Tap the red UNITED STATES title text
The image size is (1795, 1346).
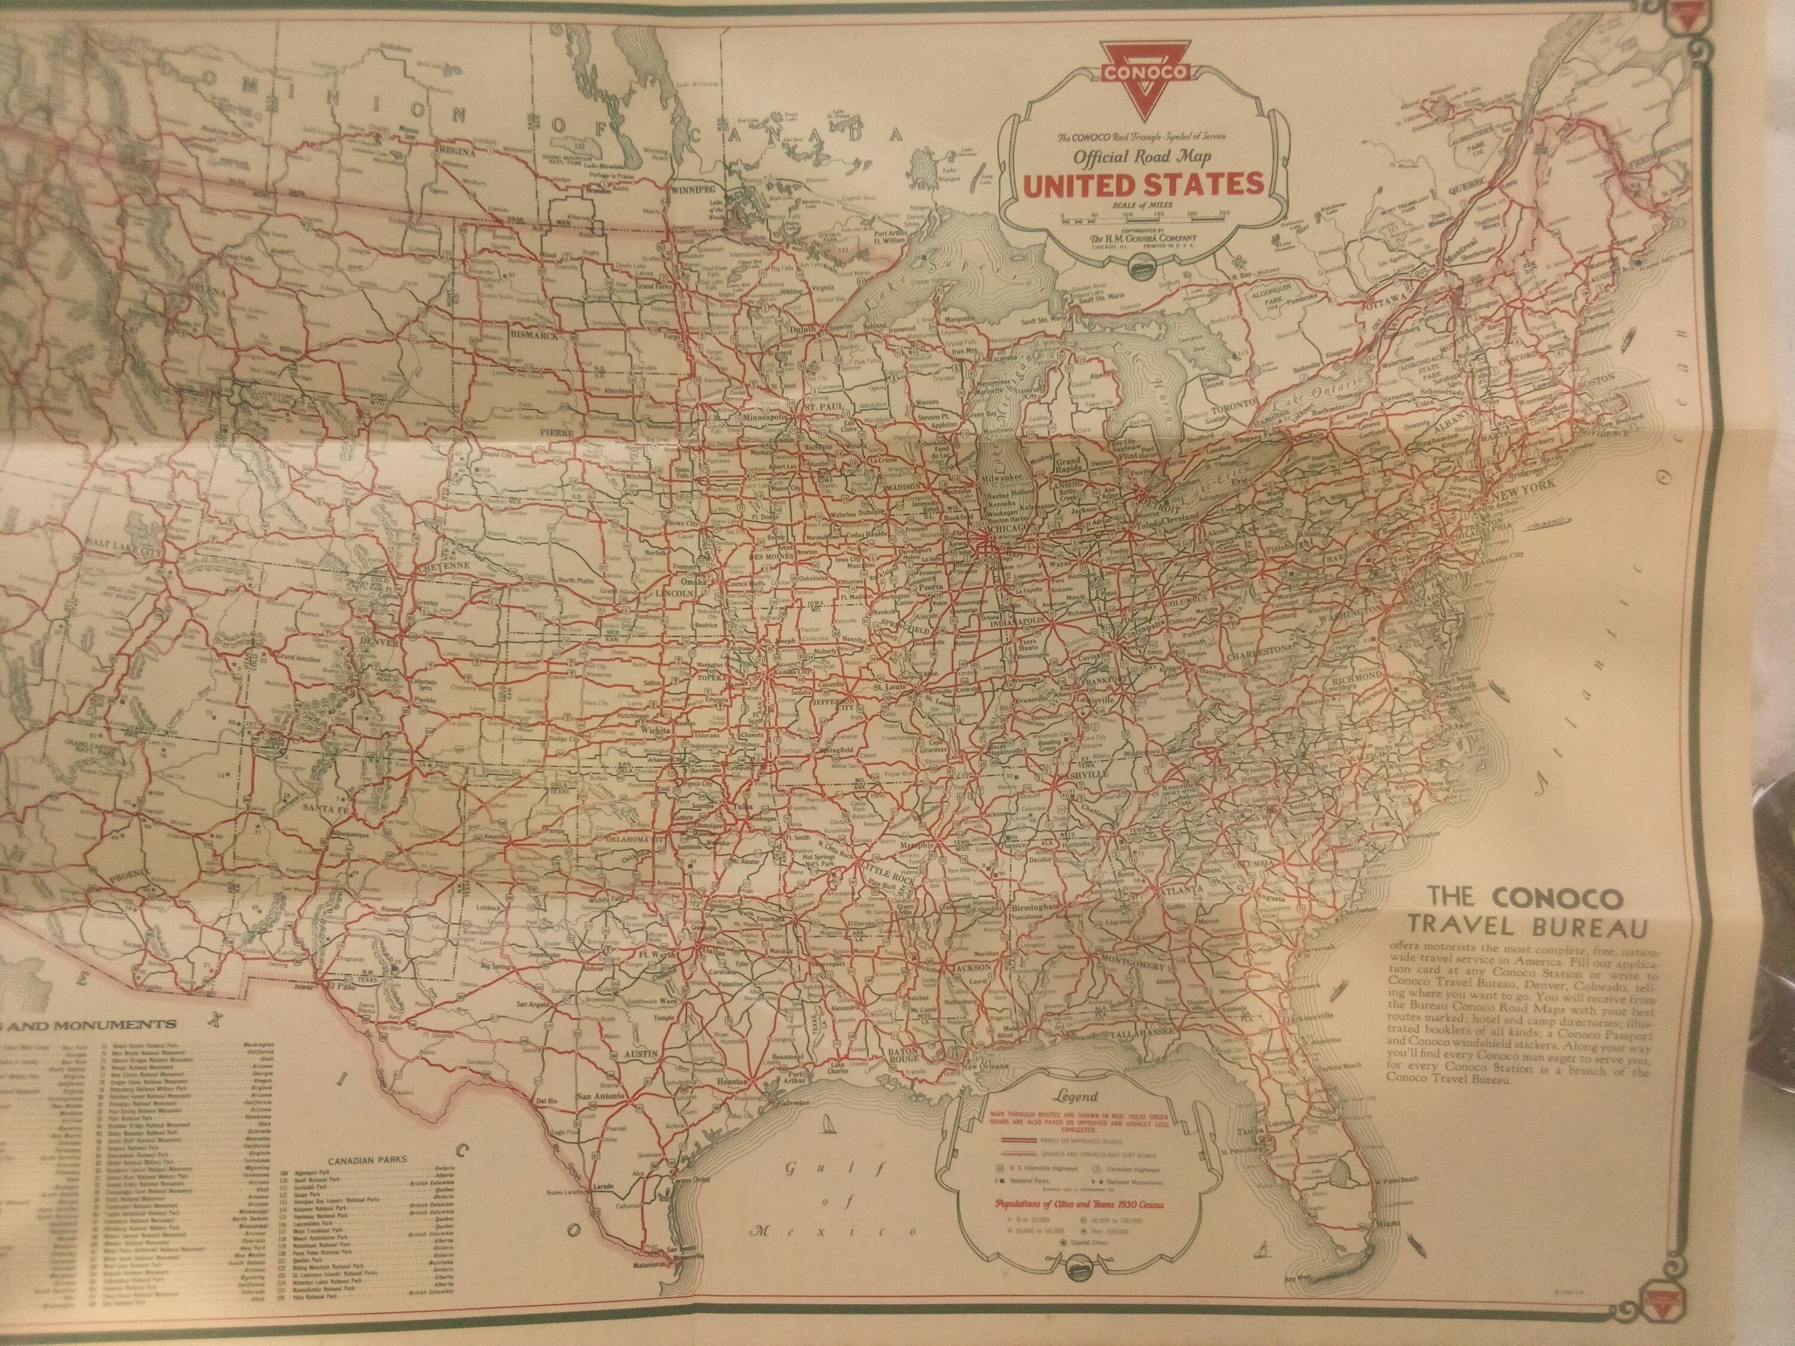tap(1143, 185)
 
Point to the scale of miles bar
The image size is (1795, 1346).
tap(1144, 217)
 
